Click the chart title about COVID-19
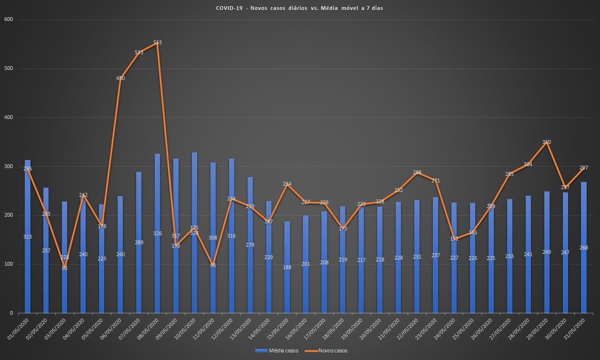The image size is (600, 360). tap(299, 9)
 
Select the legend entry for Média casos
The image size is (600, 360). tap(277, 351)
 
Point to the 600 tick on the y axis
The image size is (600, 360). tap(9, 20)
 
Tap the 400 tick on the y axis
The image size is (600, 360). tap(9, 117)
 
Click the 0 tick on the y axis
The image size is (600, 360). tap(10, 313)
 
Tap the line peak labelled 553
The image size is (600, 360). tap(158, 43)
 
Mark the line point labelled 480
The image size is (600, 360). tap(120, 78)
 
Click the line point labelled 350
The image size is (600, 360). tap(547, 142)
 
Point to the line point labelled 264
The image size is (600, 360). tap(287, 184)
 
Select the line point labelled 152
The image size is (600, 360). tap(454, 239)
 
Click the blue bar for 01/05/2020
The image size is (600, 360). tap(28, 238)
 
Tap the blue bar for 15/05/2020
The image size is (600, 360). tap(287, 286)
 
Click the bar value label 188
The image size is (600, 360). tap(287, 267)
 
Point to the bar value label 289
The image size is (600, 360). tap(139, 242)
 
